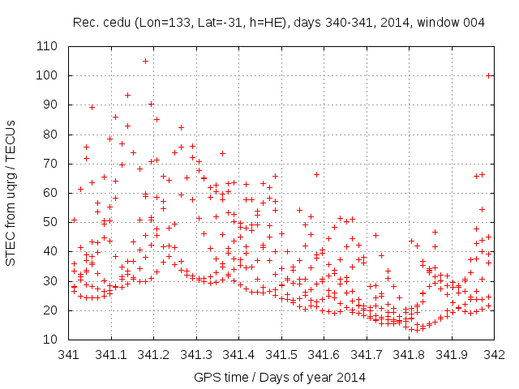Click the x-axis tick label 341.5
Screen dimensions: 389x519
click(x=281, y=355)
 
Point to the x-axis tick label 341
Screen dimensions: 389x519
click(x=69, y=355)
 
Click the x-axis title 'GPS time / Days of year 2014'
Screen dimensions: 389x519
click(x=280, y=377)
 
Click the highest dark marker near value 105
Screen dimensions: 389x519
click(x=146, y=61)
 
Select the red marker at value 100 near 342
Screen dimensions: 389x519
click(x=489, y=75)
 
